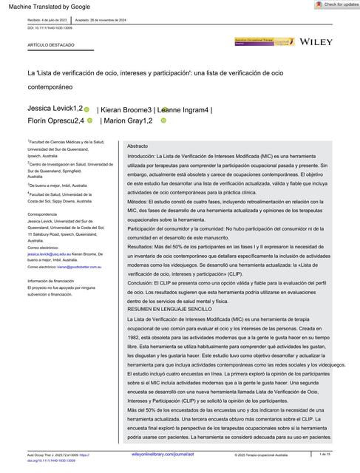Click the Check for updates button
pos(335,4)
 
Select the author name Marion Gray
pos(128,120)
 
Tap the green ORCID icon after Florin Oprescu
pos(89,120)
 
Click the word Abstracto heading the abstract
pos(137,146)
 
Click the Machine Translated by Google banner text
pos(39,7)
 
